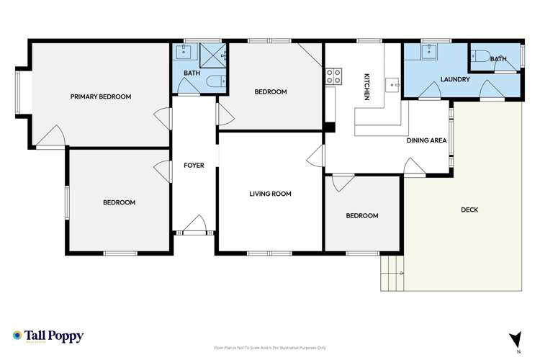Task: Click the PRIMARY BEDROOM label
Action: [x=100, y=96]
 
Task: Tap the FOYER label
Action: [x=194, y=166]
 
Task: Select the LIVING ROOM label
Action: [x=270, y=193]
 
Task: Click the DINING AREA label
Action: [x=426, y=140]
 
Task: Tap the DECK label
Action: [x=469, y=210]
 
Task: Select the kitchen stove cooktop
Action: [x=334, y=76]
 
